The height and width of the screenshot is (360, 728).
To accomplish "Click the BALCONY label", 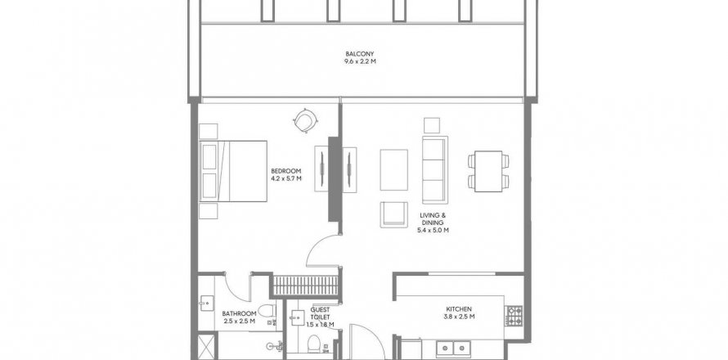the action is (360, 54).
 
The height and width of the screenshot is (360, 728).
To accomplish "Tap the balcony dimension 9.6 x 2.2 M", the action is (360, 61).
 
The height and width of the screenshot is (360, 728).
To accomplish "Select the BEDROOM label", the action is (286, 171).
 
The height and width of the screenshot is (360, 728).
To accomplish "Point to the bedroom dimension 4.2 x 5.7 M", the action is (286, 178).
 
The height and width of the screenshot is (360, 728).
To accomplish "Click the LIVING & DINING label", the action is (433, 218).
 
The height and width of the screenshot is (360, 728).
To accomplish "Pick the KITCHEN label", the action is (459, 309).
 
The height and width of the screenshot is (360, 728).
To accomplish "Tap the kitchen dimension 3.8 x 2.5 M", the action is (459, 317).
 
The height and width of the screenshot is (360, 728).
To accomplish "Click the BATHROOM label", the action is (239, 313).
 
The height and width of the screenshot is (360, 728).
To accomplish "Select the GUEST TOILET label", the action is (321, 313).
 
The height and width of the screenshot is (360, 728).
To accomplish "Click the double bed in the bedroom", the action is (234, 171).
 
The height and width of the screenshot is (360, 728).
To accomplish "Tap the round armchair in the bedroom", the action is (305, 121).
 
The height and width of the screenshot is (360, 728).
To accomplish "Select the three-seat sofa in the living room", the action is (435, 169).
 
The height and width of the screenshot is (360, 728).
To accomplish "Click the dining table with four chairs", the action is (488, 171).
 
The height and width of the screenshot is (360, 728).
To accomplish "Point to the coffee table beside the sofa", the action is (393, 169).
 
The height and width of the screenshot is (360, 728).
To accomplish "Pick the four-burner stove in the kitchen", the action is (514, 316).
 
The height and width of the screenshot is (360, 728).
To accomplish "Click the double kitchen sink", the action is (453, 349).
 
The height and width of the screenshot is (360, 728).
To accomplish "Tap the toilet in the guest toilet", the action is (314, 344).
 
